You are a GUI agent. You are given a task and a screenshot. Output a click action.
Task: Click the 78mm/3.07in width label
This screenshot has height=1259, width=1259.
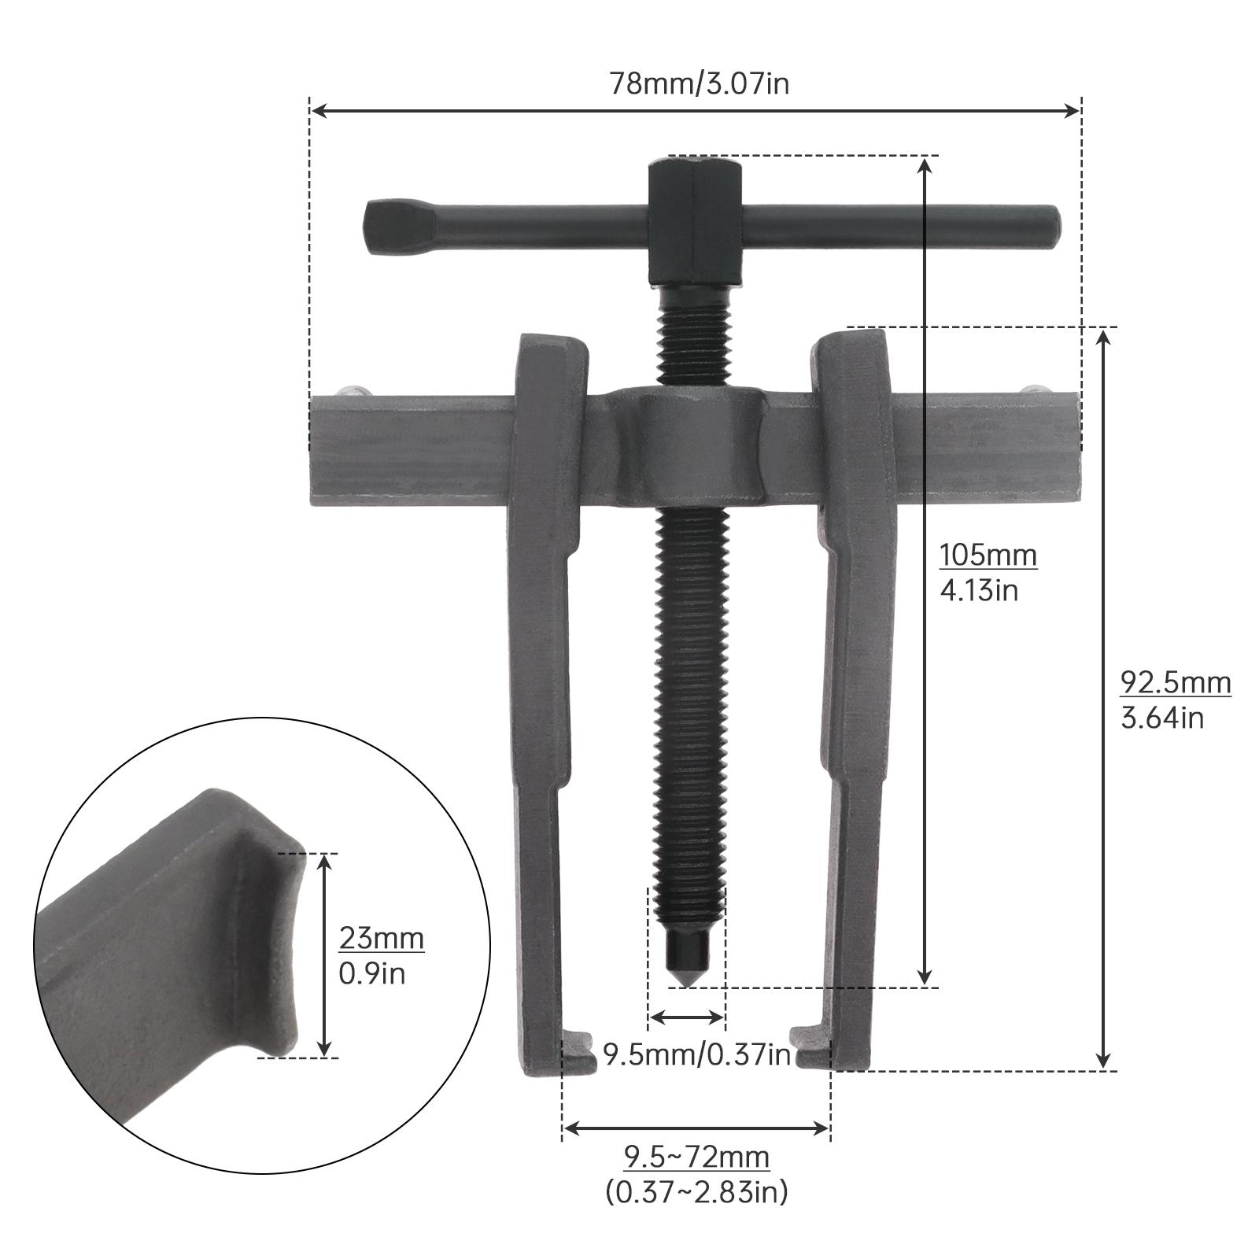click(x=699, y=83)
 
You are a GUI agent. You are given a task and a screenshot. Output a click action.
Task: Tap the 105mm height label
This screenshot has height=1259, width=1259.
click(x=988, y=555)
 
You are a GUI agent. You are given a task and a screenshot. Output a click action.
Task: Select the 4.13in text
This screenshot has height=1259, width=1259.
click(x=978, y=590)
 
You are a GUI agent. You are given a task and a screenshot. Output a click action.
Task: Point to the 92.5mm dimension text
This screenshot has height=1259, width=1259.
click(x=1175, y=682)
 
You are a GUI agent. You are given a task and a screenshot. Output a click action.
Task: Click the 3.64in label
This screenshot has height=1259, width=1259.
click(x=1161, y=718)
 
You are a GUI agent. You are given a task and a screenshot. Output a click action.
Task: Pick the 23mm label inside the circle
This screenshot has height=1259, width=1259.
click(x=381, y=938)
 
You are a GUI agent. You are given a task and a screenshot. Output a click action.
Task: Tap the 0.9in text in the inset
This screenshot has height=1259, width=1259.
click(x=371, y=974)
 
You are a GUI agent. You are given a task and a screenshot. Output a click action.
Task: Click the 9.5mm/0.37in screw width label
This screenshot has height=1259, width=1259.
click(x=696, y=1054)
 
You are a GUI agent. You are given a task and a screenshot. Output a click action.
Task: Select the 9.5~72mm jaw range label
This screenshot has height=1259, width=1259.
click(x=696, y=1157)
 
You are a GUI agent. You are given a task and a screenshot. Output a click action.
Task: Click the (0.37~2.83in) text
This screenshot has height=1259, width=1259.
click(x=696, y=1193)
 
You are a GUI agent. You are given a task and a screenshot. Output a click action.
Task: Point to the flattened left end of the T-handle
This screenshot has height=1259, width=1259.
click(x=386, y=227)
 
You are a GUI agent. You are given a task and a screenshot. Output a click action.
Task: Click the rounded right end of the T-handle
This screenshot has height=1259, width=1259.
click(x=1050, y=226)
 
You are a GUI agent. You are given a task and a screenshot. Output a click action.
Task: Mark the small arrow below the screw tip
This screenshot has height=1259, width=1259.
click(x=686, y=1018)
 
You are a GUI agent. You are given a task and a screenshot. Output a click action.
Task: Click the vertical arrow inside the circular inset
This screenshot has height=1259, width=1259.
click(x=324, y=955)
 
